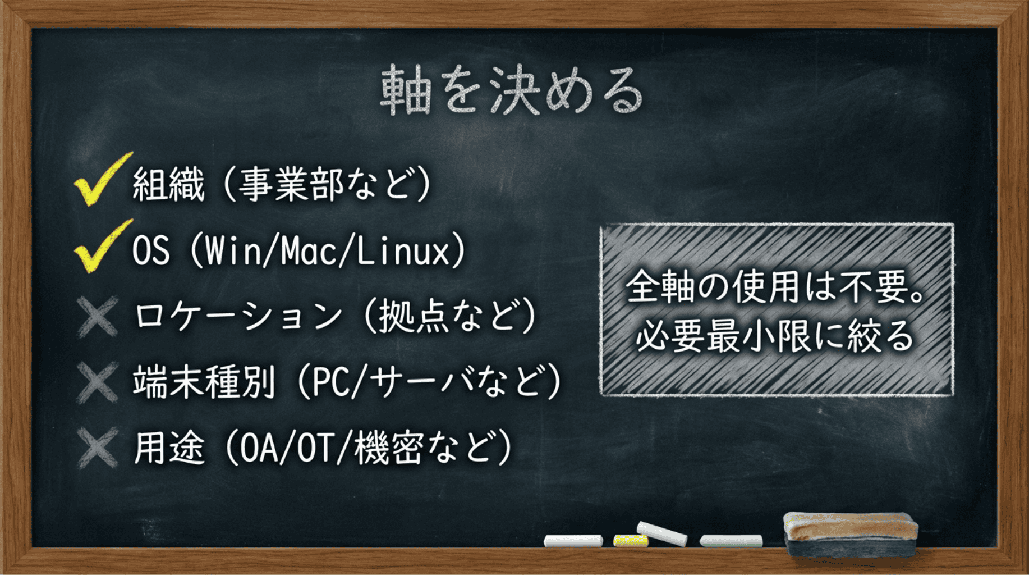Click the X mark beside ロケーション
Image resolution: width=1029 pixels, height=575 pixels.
(98, 316)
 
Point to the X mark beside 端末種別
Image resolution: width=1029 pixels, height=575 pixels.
(98, 382)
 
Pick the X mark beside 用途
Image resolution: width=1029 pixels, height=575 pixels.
(98, 448)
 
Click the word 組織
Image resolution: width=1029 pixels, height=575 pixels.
(168, 184)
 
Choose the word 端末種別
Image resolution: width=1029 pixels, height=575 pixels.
(204, 382)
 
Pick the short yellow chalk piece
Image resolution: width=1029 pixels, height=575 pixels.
(631, 540)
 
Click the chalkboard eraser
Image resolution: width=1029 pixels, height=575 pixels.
(851, 533)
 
